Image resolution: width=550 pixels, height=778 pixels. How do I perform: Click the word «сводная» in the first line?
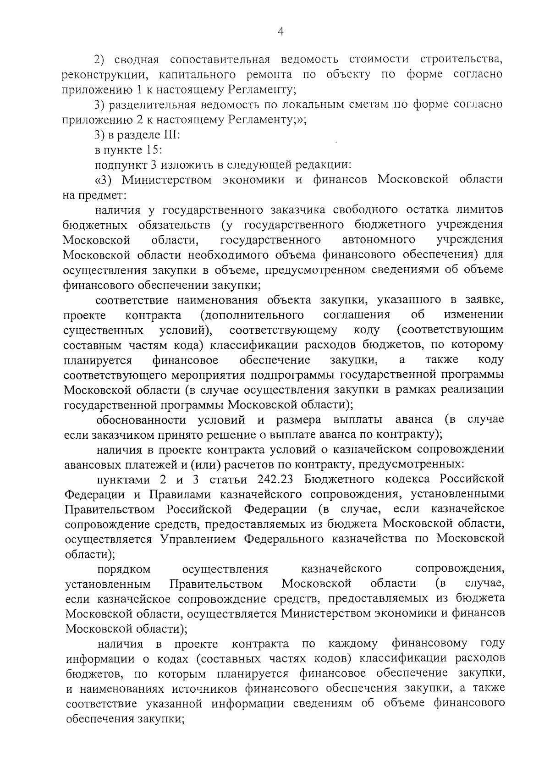pyautogui.click(x=136, y=60)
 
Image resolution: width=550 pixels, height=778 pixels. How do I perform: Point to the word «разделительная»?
pyautogui.click(x=156, y=105)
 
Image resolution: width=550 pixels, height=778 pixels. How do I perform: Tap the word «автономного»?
pyautogui.click(x=379, y=240)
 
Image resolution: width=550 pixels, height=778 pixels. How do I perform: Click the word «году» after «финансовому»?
pyautogui.click(x=492, y=644)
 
